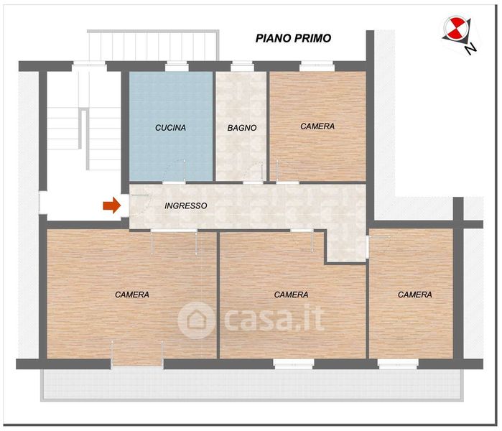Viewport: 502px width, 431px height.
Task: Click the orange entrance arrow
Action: (x=112, y=205)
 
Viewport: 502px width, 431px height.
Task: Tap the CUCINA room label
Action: (x=170, y=128)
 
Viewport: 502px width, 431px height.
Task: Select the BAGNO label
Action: (x=242, y=128)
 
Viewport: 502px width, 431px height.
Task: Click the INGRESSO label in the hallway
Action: (x=186, y=205)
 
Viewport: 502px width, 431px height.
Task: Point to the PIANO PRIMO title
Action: (x=293, y=38)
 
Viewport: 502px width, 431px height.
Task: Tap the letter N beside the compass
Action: (x=470, y=49)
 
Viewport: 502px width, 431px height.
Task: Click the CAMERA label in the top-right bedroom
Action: (x=317, y=126)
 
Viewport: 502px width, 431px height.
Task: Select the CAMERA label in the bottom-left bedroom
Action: (x=132, y=295)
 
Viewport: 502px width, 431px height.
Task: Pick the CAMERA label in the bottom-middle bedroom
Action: (x=291, y=295)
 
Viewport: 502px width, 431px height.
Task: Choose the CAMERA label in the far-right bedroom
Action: (x=414, y=295)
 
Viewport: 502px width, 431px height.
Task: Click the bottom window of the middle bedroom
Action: (x=294, y=364)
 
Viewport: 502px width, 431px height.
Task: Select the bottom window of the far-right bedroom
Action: (x=398, y=364)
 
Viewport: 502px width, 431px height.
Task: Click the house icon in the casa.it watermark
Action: (x=195, y=320)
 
